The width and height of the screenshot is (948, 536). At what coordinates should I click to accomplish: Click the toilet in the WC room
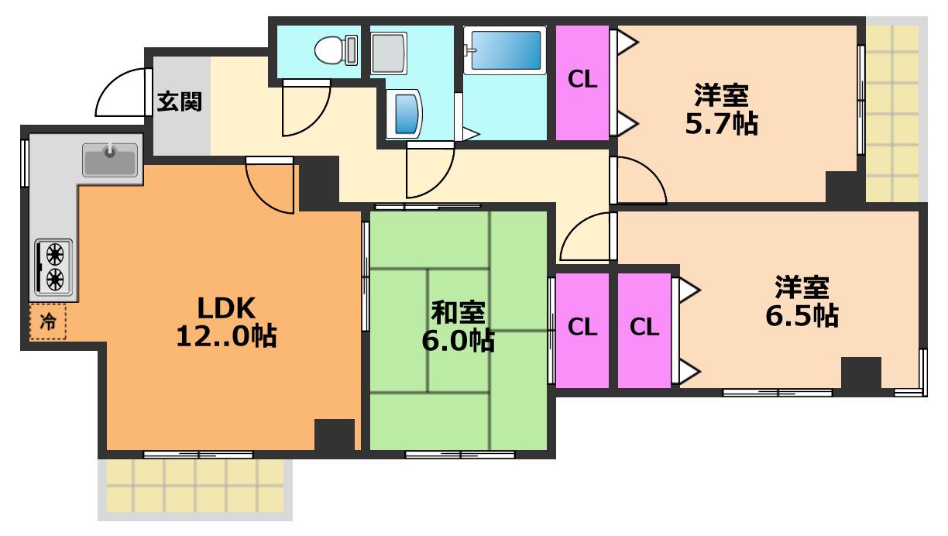click(336, 50)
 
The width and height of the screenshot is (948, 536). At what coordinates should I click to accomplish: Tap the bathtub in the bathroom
click(505, 50)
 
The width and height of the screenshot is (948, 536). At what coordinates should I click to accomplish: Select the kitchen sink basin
click(111, 160)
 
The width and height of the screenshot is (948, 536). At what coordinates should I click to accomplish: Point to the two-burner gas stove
click(53, 267)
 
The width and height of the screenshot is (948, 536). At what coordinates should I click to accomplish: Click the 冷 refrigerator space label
click(48, 321)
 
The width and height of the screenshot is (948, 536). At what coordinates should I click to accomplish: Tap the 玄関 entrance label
click(180, 101)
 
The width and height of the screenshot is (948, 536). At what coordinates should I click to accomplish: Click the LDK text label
click(226, 308)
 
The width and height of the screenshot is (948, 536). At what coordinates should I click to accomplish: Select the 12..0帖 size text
click(226, 336)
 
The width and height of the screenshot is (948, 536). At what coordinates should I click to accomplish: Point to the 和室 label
click(459, 312)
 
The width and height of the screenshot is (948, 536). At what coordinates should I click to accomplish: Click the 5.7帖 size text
click(722, 124)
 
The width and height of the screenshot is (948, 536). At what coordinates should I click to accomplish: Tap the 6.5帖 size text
click(802, 315)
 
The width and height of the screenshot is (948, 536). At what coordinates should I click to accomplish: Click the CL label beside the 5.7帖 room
click(582, 79)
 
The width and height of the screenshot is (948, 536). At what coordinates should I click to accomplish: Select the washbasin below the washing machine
click(406, 113)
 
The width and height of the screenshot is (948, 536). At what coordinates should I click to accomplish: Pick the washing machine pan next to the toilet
click(389, 53)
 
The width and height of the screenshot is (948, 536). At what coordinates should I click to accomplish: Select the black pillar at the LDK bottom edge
click(335, 435)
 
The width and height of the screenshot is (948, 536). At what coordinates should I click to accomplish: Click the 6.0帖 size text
click(459, 340)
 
